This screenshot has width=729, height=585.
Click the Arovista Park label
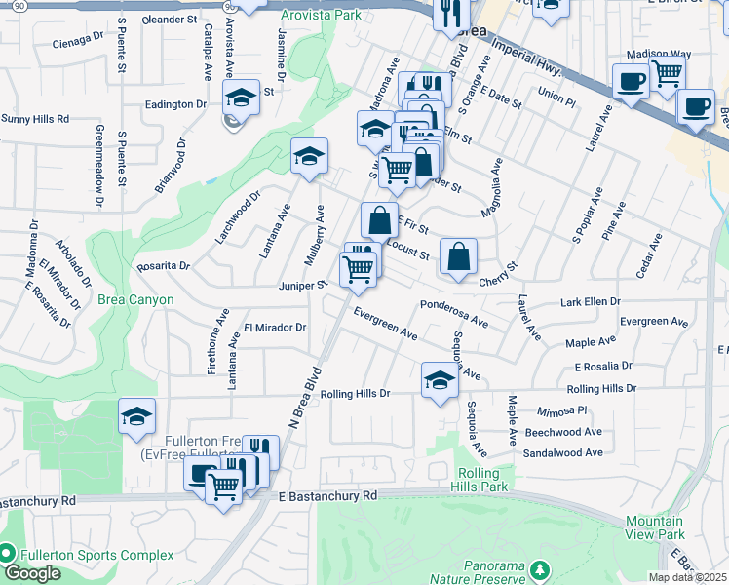[x=320, y=15]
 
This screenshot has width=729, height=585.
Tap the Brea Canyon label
[x=134, y=300]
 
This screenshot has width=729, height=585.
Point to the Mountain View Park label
[x=655, y=527]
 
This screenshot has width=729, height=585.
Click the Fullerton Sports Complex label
[x=98, y=555]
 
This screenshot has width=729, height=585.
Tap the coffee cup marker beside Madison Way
[x=631, y=81]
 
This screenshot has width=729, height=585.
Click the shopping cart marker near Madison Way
[x=668, y=73]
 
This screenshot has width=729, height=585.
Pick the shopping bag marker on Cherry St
[x=458, y=256]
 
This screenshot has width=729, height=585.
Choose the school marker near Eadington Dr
[x=241, y=97]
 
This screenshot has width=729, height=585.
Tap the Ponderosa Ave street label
[x=453, y=312]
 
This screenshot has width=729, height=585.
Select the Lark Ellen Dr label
[x=590, y=302]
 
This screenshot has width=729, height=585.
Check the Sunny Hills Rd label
[x=35, y=119]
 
